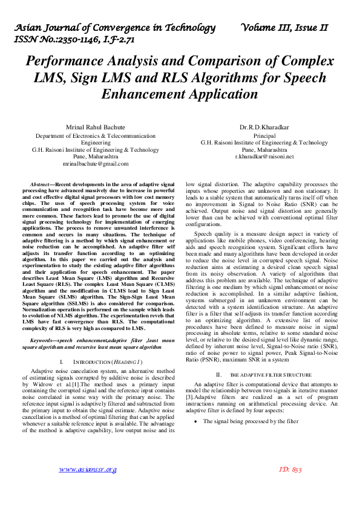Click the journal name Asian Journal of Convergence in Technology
(x=115, y=28)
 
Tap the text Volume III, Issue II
(x=284, y=28)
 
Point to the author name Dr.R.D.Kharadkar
(x=264, y=128)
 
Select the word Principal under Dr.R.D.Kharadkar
(x=264, y=135)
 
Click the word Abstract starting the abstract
(x=41, y=183)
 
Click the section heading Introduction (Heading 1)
(x=108, y=361)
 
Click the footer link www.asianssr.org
(x=88, y=469)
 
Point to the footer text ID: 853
(x=290, y=469)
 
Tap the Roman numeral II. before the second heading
(x=220, y=375)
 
